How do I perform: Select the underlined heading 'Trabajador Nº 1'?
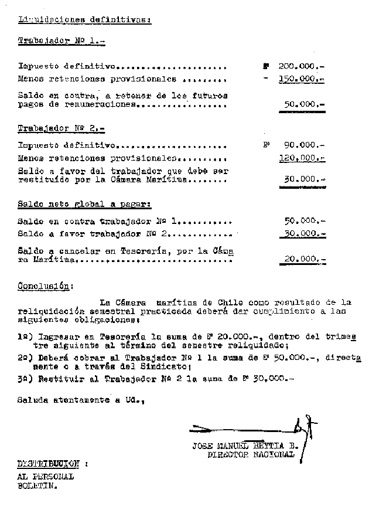click(x=61, y=41)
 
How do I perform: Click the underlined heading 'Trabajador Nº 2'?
click(x=61, y=127)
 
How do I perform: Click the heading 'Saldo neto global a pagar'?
click(x=84, y=205)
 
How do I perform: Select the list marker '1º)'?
click(x=27, y=338)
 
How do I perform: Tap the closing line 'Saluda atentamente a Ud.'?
click(x=80, y=401)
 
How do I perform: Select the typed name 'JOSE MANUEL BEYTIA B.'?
click(x=245, y=446)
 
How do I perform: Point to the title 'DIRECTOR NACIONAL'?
click(x=251, y=454)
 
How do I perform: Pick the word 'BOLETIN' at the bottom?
click(x=37, y=486)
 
